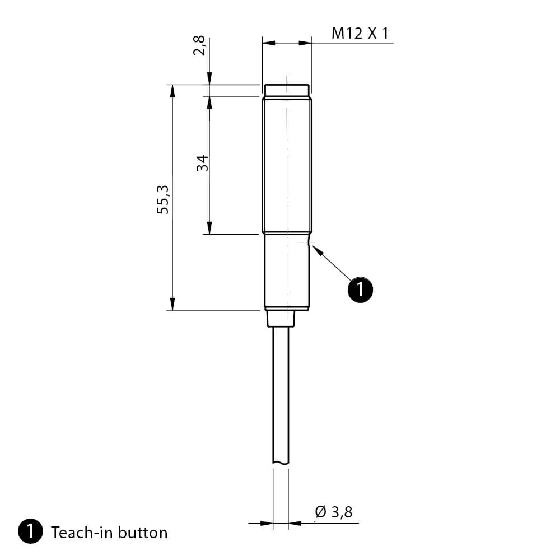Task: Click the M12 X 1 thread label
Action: tap(360, 33)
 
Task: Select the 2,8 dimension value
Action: tap(199, 45)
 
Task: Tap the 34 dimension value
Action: tap(202, 163)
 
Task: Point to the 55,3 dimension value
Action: tap(162, 200)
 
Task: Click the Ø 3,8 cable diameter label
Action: tap(334, 512)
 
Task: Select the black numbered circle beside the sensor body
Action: tap(360, 290)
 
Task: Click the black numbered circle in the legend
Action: tap(30, 531)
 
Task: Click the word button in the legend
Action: tap(142, 533)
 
